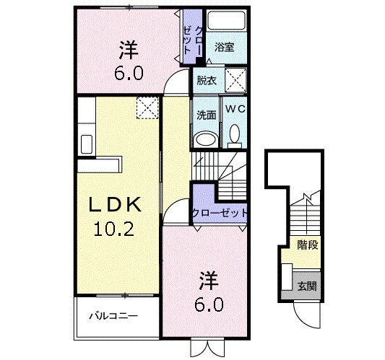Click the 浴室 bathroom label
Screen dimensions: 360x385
pos(224,48)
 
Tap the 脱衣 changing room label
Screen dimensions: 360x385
pos(205,81)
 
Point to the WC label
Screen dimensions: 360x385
pos(235,108)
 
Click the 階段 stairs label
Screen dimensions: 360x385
pos(308,245)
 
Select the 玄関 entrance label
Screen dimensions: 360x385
pos(306,286)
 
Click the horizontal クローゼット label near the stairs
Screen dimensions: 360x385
pos(220,213)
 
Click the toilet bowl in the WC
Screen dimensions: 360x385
pos(235,133)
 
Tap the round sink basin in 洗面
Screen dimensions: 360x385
pos(205,139)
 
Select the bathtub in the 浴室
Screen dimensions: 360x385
pos(226,22)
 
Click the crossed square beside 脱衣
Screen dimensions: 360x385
pos(235,79)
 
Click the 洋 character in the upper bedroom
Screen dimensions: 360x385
pos(128,50)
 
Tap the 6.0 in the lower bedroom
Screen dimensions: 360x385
pos(209,304)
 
